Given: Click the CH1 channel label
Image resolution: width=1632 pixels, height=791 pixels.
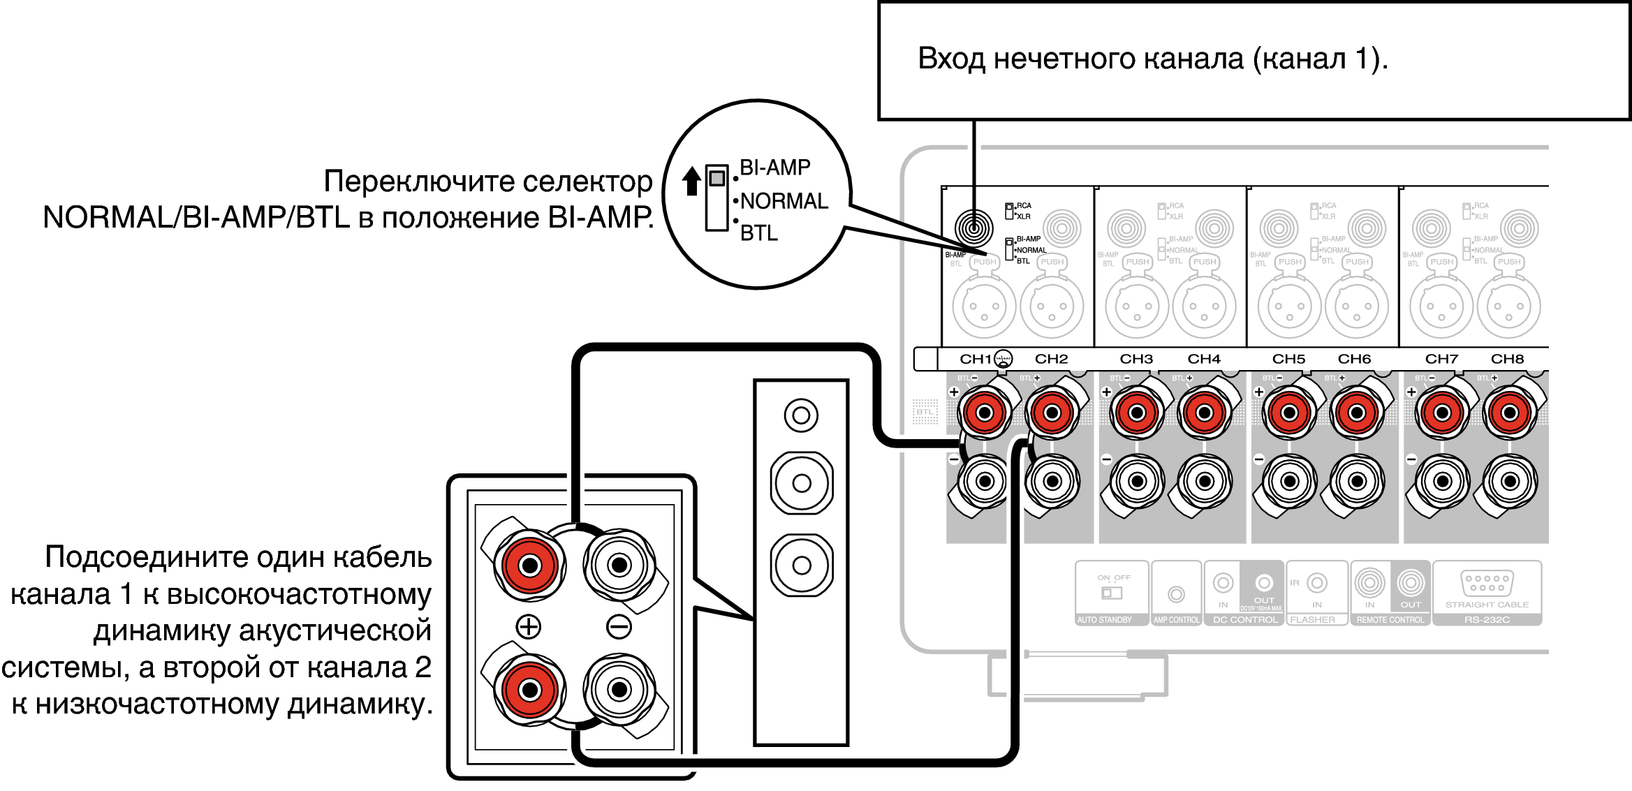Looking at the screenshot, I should (x=975, y=359).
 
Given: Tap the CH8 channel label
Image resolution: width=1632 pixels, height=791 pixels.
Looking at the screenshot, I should (x=1507, y=359).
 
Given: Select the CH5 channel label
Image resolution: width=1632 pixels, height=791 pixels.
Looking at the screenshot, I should (x=1288, y=359).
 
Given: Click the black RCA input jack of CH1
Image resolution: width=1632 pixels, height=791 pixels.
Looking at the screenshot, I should (x=973, y=228).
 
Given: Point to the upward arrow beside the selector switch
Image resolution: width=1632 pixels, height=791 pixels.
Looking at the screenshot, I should (x=691, y=181).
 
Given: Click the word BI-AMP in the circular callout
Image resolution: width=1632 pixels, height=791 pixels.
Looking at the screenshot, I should (x=774, y=168).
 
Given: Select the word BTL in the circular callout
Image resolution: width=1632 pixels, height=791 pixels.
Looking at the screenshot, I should (x=758, y=233).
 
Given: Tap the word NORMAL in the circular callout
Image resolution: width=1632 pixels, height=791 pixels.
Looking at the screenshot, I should (x=784, y=201).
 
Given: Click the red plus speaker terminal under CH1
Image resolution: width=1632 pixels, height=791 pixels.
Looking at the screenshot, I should (x=985, y=413).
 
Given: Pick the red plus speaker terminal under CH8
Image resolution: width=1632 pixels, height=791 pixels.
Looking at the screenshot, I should (x=1509, y=413).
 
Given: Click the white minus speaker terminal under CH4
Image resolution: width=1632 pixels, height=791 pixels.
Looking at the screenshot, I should (x=1204, y=481).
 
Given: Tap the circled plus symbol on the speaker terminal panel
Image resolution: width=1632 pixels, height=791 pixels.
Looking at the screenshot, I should (x=528, y=627).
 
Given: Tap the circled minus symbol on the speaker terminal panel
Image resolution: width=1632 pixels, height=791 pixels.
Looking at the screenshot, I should (x=619, y=627).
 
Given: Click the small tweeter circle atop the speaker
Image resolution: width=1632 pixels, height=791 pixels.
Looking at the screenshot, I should (x=801, y=415).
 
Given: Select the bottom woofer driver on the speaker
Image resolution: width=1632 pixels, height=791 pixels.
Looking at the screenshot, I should (x=802, y=565).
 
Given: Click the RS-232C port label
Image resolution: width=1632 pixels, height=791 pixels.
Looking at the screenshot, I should (x=1487, y=620).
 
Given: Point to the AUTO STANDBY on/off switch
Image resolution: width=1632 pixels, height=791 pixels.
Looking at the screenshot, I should (x=1111, y=593).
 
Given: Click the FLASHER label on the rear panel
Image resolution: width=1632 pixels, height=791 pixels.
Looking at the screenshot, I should (x=1312, y=620).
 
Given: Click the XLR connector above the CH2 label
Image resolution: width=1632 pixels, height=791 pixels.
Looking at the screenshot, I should (x=1052, y=306).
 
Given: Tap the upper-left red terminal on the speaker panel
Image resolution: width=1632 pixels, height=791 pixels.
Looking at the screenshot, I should (x=529, y=565).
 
